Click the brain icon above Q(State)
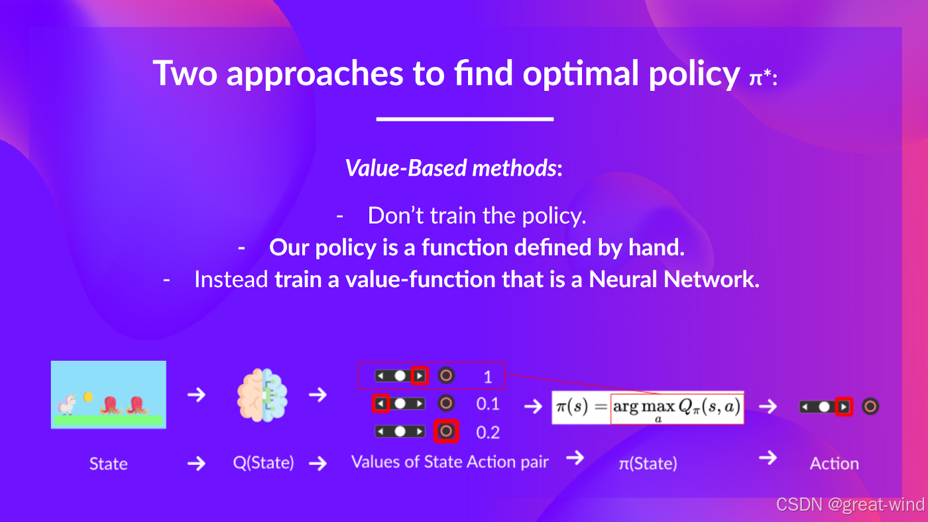click(x=262, y=395)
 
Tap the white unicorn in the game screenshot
click(x=67, y=404)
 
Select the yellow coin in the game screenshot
click(x=87, y=397)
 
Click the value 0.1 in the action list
click(x=488, y=404)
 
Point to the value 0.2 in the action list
click(x=488, y=432)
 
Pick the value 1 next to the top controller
click(x=488, y=377)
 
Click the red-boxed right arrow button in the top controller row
click(x=420, y=376)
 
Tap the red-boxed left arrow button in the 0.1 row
click(x=380, y=403)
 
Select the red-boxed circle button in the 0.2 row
click(x=445, y=431)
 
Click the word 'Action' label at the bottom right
click(x=835, y=464)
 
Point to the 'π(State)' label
click(x=648, y=464)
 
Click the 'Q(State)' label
click(x=264, y=463)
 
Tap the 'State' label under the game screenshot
click(x=109, y=464)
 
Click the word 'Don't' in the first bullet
click(x=396, y=216)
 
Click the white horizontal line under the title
click(x=465, y=119)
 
